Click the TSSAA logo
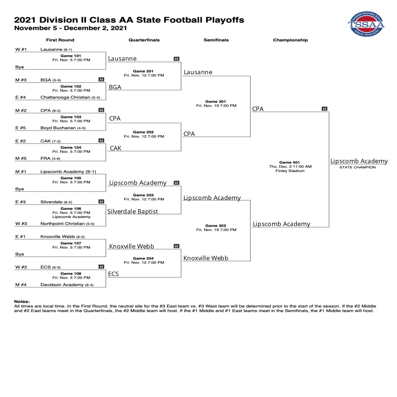pos(366,24)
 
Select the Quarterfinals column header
pos(144,40)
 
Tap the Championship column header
pos(290,40)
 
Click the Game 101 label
pos(71,56)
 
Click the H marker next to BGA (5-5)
pos(101,79)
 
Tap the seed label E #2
pos(21,141)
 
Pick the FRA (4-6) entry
pos(50,158)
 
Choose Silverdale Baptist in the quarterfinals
pos(132,211)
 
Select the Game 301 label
pos(215,101)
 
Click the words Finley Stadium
pos(290,171)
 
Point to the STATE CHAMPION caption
pos(358,167)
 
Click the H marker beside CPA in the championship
pos(324,108)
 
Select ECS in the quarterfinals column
pos(113,274)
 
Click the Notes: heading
pos(22,301)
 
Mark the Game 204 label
pos(143,258)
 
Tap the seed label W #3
pos(21,223)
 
